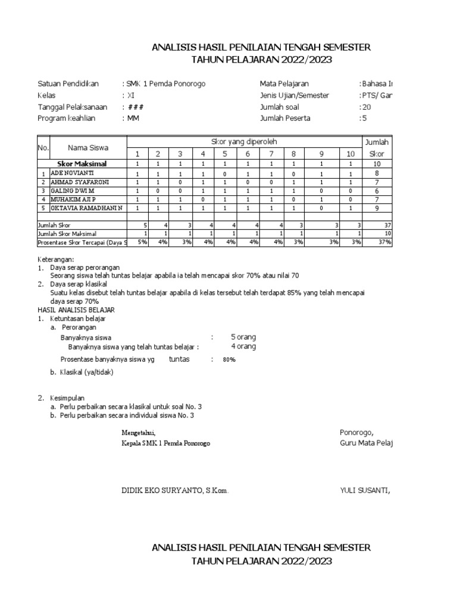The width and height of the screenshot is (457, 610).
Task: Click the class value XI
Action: point(130,95)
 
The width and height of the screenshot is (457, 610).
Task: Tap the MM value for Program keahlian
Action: point(132,118)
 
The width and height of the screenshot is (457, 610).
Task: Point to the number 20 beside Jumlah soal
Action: point(366,107)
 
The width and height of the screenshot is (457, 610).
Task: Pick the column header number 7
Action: point(271,153)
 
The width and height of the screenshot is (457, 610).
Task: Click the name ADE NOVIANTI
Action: point(72,172)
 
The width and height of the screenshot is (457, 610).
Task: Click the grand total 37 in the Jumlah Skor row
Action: point(387,225)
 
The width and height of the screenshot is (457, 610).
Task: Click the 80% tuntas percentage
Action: point(229,360)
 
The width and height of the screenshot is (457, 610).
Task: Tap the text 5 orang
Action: point(243,337)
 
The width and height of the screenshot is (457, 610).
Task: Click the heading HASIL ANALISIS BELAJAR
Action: point(76,310)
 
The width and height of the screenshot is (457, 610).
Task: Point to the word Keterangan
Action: point(56,260)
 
